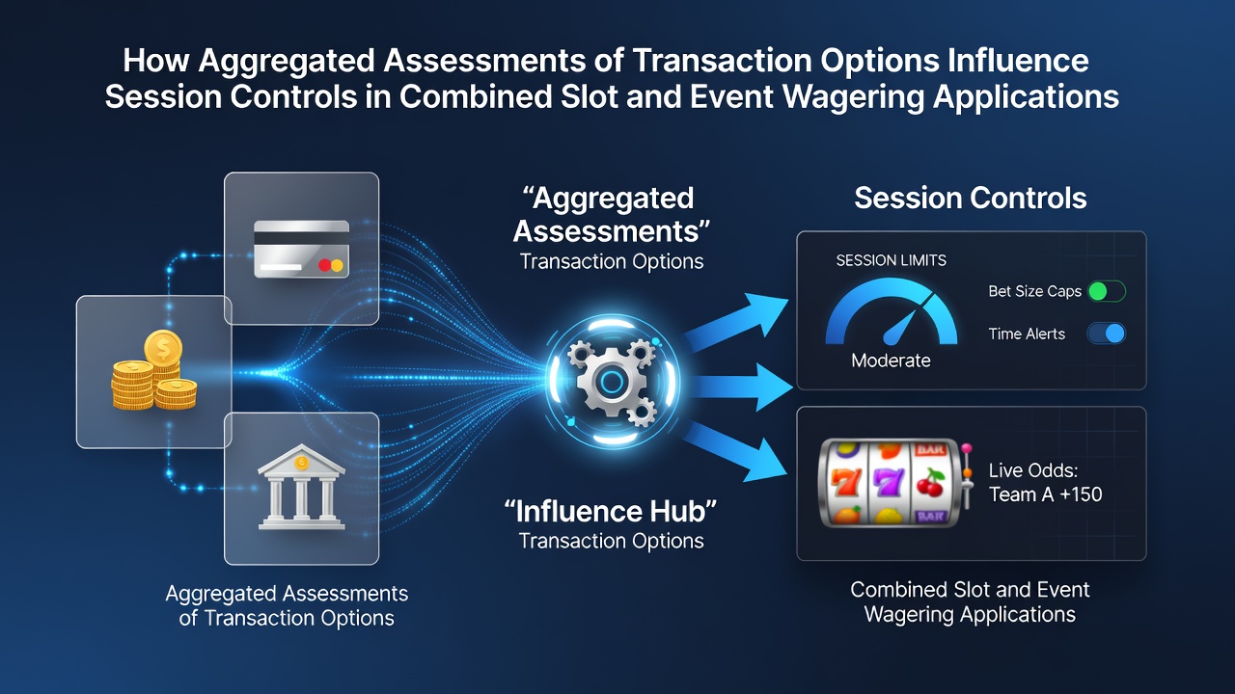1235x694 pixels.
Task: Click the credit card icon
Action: tap(301, 249)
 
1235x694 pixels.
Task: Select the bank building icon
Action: tap(301, 487)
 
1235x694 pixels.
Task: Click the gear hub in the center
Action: tap(612, 381)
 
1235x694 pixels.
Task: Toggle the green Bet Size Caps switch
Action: tap(1107, 291)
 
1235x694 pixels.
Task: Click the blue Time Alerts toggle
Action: tap(1107, 334)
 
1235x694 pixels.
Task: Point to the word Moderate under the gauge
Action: tap(891, 360)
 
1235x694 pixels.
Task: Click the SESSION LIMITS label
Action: tap(891, 260)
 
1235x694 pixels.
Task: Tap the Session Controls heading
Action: tap(971, 198)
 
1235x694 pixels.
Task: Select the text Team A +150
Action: tap(1045, 494)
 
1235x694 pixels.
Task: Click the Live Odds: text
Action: tap(1033, 470)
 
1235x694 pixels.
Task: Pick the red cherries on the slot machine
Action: tap(931, 483)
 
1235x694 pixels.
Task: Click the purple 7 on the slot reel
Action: tap(889, 482)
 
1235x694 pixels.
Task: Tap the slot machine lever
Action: tap(967, 476)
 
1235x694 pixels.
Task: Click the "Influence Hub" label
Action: tap(611, 511)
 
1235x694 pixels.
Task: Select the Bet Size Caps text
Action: tap(1035, 291)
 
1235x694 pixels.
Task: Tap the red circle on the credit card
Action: tap(325, 265)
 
